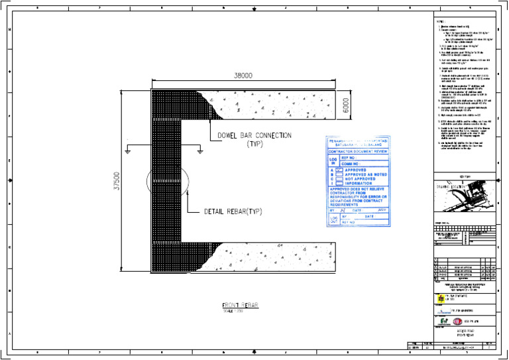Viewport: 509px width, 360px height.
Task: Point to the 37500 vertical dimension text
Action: (x=117, y=180)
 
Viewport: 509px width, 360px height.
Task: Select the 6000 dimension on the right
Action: (x=345, y=104)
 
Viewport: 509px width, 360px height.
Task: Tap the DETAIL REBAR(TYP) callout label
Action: (x=239, y=213)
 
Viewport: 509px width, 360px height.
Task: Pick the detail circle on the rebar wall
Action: (x=166, y=180)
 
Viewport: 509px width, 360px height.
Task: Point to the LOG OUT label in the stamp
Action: (x=333, y=219)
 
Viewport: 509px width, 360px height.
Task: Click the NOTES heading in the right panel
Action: (x=439, y=21)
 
